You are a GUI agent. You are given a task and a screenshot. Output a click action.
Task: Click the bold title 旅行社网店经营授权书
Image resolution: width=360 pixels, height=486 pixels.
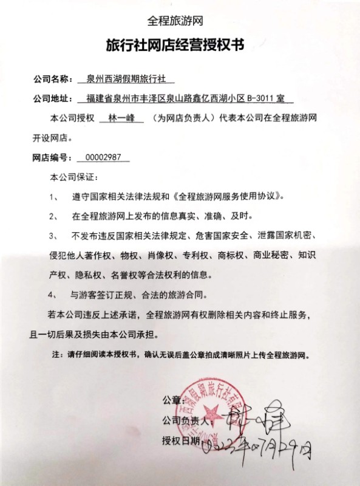click(x=179, y=46)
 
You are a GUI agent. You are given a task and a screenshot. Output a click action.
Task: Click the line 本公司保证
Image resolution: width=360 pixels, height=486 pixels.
click(x=73, y=177)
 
